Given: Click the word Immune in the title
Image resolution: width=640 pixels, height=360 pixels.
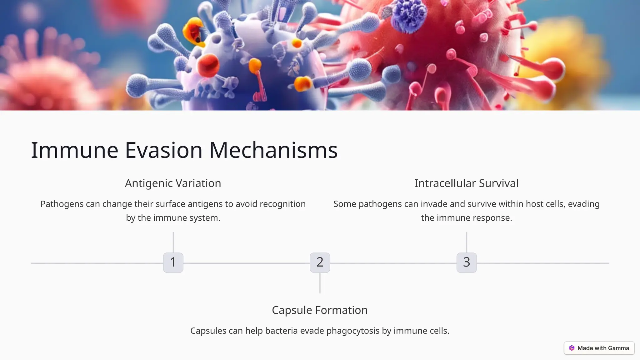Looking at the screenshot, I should (74, 150).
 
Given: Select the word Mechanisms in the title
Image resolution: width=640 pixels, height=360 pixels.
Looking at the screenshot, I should (273, 150).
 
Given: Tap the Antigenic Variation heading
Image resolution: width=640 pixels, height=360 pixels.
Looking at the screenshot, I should (173, 183).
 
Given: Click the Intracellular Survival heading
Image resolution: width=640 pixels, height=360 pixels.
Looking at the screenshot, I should (466, 183).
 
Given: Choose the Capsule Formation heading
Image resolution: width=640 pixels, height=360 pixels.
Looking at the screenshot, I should (320, 310).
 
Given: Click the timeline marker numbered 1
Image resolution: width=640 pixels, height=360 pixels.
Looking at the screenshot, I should (173, 262).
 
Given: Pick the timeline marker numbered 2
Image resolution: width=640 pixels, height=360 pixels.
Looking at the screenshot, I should (320, 262).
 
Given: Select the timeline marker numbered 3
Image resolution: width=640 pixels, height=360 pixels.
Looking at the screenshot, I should (467, 262).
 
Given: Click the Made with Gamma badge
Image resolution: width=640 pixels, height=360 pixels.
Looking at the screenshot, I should (599, 348).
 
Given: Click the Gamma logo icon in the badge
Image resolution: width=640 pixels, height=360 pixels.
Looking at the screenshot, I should (572, 348).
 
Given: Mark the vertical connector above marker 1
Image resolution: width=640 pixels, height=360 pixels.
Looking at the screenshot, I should (173, 242).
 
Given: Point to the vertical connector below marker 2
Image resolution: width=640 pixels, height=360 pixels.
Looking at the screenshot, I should (320, 283).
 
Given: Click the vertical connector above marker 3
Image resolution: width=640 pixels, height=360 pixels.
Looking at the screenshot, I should (467, 242).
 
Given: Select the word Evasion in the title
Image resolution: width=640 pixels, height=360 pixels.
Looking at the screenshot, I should (164, 150).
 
